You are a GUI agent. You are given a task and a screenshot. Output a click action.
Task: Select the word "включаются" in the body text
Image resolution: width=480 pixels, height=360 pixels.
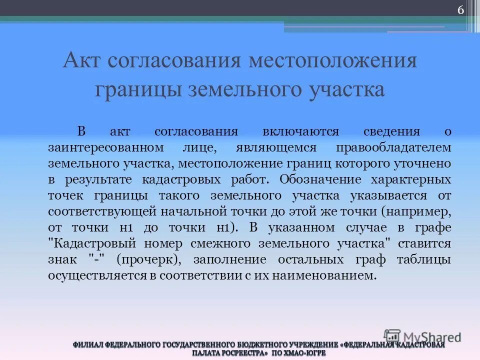(300, 131)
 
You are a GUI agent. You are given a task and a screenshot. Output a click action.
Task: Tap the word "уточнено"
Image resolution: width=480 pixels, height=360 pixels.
(424, 163)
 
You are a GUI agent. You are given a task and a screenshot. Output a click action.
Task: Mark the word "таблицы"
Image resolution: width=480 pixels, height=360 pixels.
(424, 259)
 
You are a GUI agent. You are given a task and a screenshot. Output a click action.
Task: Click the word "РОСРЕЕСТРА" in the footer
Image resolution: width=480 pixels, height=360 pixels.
(239, 352)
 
